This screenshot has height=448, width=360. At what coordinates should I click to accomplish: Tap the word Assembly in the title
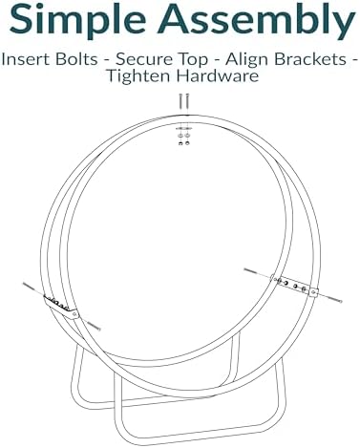pyautogui.click(x=256, y=19)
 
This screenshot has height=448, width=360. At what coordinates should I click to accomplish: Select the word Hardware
pyautogui.click(x=218, y=75)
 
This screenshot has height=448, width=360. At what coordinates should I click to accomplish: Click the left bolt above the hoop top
pyautogui.click(x=180, y=101)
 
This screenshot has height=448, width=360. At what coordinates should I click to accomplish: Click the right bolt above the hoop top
pyautogui.click(x=187, y=101)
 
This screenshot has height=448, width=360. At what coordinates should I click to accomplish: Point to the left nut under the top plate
pyautogui.click(x=180, y=143)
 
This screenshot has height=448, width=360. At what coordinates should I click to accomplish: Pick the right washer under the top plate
pyautogui.click(x=187, y=136)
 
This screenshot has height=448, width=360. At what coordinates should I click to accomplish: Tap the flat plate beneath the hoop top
pyautogui.click(x=184, y=128)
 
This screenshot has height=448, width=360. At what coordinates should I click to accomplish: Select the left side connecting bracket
pyautogui.click(x=60, y=307)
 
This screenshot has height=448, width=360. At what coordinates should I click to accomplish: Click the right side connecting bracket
pyautogui.click(x=294, y=286)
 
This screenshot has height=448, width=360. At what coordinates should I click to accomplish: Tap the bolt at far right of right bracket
pyautogui.click(x=330, y=298)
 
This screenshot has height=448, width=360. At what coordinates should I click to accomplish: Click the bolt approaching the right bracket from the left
pyautogui.click(x=257, y=272)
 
